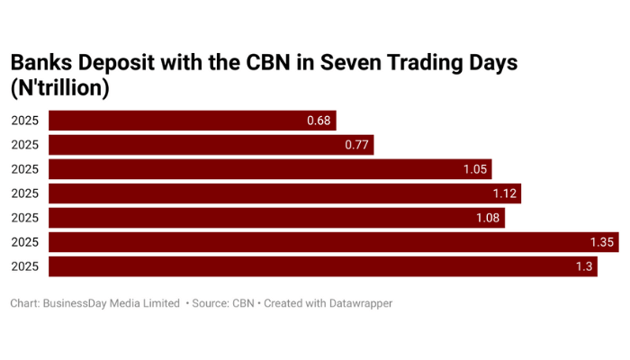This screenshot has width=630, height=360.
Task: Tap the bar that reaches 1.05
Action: (x=270, y=169)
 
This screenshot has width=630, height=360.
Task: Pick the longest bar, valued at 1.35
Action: (x=333, y=242)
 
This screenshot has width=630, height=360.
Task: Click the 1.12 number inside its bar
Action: (x=504, y=193)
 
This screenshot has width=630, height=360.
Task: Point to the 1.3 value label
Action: (x=582, y=266)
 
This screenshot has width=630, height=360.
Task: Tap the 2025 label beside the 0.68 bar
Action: (x=24, y=121)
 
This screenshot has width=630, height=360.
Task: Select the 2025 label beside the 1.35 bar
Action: (x=24, y=242)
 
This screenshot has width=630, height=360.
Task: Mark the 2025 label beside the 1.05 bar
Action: (x=24, y=169)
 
